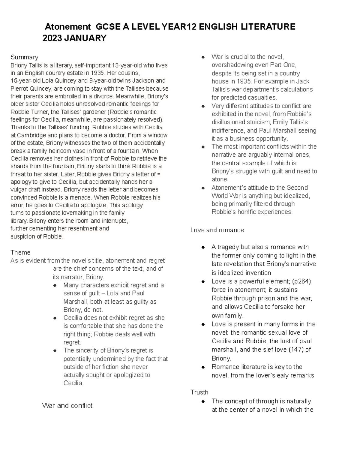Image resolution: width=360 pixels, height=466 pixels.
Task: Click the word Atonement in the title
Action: point(67,27)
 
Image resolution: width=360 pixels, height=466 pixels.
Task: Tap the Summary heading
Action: point(24,57)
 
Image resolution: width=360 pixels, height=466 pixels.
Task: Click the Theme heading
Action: point(20,252)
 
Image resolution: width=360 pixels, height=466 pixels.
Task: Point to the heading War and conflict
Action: point(67,406)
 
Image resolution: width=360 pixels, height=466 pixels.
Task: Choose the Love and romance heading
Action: point(217,230)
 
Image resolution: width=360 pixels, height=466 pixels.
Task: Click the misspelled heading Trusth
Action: point(199,392)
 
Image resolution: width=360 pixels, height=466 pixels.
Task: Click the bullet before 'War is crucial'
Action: point(203,57)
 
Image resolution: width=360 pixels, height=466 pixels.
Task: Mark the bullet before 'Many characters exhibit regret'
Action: point(55,285)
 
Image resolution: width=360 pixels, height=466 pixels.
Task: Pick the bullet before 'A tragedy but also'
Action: point(203,247)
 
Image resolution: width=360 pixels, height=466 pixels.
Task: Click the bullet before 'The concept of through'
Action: point(203,401)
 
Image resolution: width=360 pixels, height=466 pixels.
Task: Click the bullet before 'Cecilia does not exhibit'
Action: point(55,318)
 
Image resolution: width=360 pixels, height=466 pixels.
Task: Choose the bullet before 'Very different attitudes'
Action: point(203,106)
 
